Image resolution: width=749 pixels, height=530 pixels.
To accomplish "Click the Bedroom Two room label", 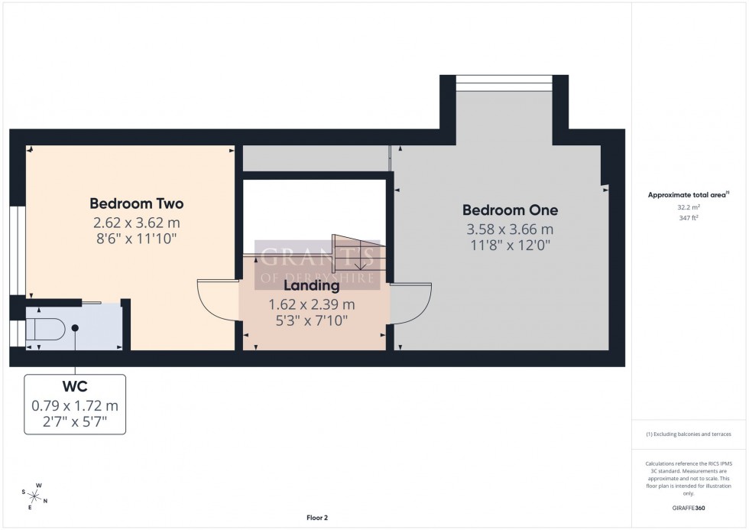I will click(x=136, y=204).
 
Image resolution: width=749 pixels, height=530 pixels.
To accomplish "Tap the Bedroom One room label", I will click(x=511, y=210).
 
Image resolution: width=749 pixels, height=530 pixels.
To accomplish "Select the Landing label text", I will click(x=311, y=286).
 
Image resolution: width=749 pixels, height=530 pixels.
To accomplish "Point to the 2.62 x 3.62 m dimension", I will click(x=136, y=223).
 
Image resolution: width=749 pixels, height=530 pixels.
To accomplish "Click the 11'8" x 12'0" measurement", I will click(x=511, y=245).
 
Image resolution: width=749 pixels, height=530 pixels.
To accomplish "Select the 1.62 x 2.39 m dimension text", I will click(x=311, y=304).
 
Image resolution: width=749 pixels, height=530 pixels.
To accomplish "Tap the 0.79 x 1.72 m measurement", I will click(x=74, y=405).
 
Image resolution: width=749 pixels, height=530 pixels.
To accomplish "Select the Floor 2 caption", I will click(x=316, y=518).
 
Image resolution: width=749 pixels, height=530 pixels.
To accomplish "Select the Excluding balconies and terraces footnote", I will click(x=689, y=434).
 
